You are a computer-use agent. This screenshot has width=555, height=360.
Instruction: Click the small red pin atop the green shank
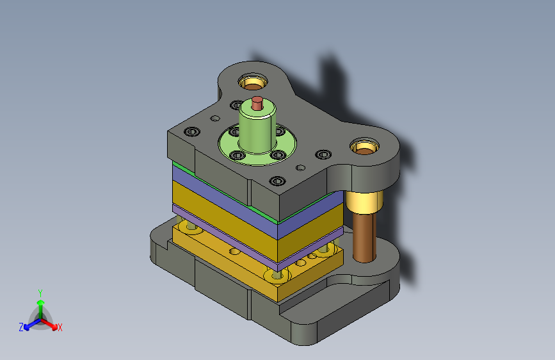coord(257,103)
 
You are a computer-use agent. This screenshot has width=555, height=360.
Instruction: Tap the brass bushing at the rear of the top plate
coord(253,82)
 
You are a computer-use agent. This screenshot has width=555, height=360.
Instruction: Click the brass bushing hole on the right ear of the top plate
coord(364,147)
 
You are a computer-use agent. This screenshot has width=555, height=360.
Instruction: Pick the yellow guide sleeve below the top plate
coord(364,202)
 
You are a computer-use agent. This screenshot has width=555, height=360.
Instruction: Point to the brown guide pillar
coord(364,238)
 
